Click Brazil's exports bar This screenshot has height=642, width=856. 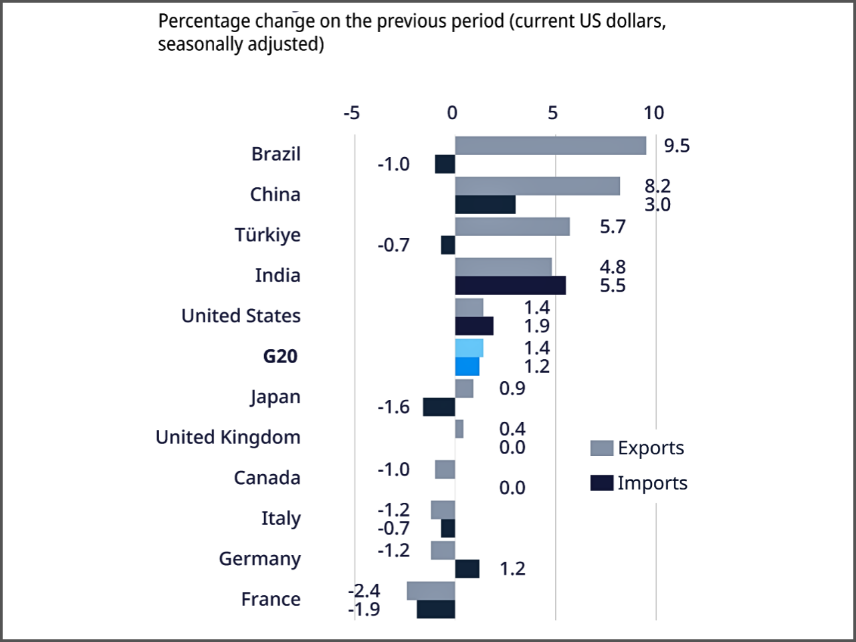[x=550, y=146]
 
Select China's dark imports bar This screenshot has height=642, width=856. [x=485, y=205]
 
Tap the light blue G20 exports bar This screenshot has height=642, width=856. [x=469, y=348]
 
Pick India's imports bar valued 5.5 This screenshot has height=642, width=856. [x=510, y=286]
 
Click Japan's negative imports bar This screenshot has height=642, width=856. [x=439, y=407]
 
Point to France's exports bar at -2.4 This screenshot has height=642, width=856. [x=431, y=591]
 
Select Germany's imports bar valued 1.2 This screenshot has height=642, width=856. [x=467, y=568]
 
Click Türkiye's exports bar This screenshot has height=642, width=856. [x=512, y=227]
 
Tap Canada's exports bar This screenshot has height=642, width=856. [x=445, y=469]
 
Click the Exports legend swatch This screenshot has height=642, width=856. [x=602, y=448]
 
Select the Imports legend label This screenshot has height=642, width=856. [x=652, y=483]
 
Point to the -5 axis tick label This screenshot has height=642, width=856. [x=351, y=113]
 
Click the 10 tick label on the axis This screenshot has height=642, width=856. [x=654, y=113]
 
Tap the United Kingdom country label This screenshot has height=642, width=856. [x=228, y=437]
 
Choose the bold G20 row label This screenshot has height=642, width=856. [x=280, y=356]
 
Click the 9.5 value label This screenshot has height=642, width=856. [x=677, y=146]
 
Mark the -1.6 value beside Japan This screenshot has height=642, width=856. [x=393, y=407]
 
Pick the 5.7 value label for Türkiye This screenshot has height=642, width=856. [x=613, y=227]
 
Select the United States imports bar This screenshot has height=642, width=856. [x=474, y=326]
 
